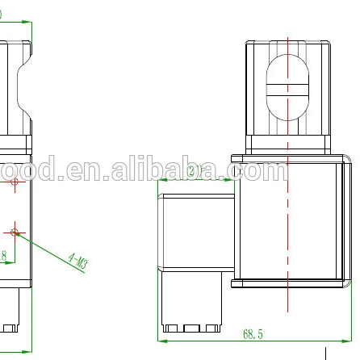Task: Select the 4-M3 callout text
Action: pyautogui.click(x=78, y=260)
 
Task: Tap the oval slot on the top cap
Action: pyautogui.click(x=288, y=88)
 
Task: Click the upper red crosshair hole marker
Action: pyautogui.click(x=15, y=183)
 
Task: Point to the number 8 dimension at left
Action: pyautogui.click(x=4, y=256)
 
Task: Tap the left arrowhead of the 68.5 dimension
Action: pyautogui.click(x=160, y=339)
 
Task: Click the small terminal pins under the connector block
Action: pyautogui.click(x=191, y=327)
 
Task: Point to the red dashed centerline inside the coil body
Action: pyautogui.click(x=288, y=242)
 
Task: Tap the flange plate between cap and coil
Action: pyautogui.click(x=288, y=159)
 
